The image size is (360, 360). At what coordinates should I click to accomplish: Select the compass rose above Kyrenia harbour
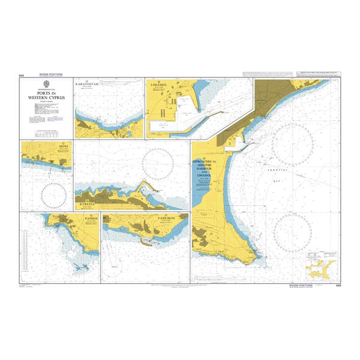[x=158, y=159]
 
